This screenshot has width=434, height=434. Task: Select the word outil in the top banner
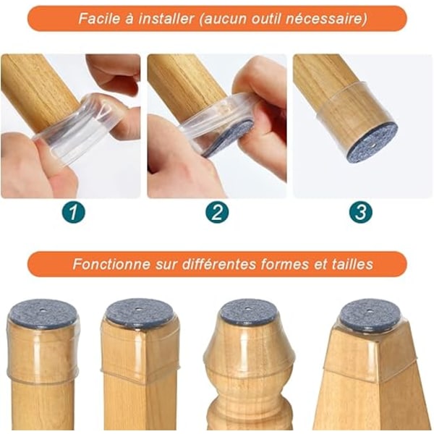coord(268,19)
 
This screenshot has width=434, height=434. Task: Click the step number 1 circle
coord(73,212)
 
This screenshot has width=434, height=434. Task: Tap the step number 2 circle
coord(217,212)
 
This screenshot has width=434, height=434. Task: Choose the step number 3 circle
coord(360,212)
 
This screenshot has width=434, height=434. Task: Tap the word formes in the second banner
coord(284,264)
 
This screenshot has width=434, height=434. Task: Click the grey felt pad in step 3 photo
coord(373,144)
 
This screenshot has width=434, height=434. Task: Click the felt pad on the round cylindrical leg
coord(43,312)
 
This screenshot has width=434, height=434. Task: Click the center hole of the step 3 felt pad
coord(373,144)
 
